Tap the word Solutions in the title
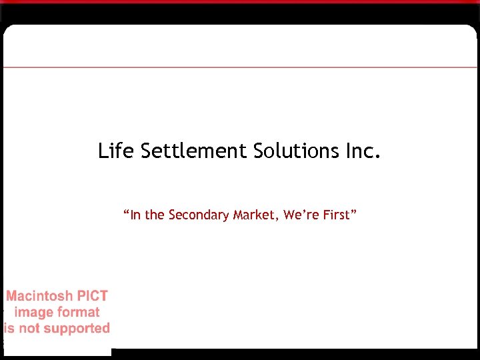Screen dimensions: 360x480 tap(297, 151)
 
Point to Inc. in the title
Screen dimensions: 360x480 tap(363, 151)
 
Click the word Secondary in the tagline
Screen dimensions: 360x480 tap(197, 215)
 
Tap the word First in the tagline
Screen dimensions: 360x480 tap(337, 215)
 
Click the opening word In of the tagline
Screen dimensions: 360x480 tap(135, 215)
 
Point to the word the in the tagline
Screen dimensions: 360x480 tap(155, 215)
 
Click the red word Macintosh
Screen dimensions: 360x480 tap(39, 296)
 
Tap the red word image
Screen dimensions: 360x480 tap(34, 312)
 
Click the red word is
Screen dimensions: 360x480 tap(9, 328)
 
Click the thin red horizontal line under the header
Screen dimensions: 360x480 tap(240, 67)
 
